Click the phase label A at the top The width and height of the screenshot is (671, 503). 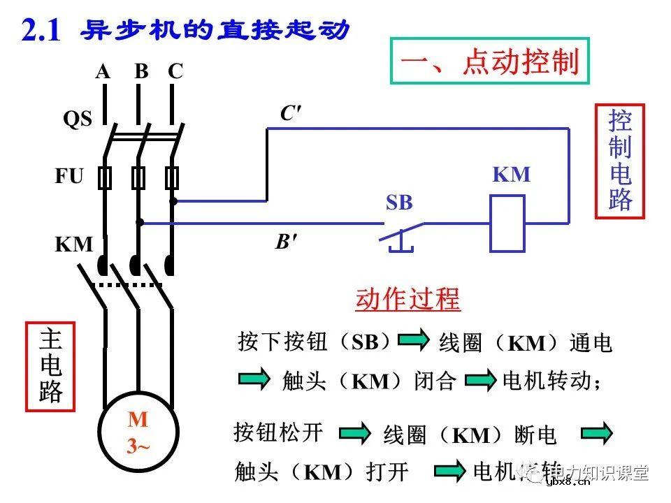pos(103,71)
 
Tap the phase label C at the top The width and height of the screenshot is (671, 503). pos(175,71)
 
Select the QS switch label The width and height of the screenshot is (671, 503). pos(78,119)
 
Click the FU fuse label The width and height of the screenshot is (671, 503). pos(69,176)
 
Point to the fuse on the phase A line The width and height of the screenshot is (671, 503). pos(105,179)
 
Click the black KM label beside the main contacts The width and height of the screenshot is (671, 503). pos(74,245)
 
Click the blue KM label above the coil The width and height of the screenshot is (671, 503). pos(512,175)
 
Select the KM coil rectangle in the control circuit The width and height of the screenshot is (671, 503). pos(507,224)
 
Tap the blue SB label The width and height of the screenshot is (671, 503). pos(400,203)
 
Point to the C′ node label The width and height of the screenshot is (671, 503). pos(291,114)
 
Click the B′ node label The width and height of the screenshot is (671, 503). pos(286,242)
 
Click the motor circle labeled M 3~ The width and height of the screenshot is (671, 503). pos(138,433)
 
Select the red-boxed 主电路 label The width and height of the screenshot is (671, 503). pos(50,366)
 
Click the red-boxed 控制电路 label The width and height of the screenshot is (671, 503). pos(620,161)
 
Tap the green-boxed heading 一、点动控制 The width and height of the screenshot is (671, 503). pos(489,62)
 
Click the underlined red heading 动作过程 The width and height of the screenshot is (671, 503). pos(408,299)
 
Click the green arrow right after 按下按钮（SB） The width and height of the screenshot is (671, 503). pos(414,341)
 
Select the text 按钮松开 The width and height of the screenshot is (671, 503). pos(279,432)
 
